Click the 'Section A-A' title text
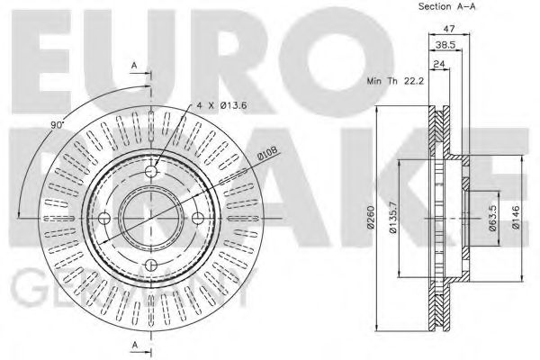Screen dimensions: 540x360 [446, 6]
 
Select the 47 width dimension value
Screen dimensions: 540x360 [449, 29]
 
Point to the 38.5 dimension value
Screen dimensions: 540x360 [445, 45]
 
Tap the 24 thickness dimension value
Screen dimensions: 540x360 [439, 64]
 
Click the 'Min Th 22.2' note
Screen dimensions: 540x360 [395, 81]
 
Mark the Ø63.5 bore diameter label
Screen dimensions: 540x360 [493, 218]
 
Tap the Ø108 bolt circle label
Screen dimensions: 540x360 [267, 154]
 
